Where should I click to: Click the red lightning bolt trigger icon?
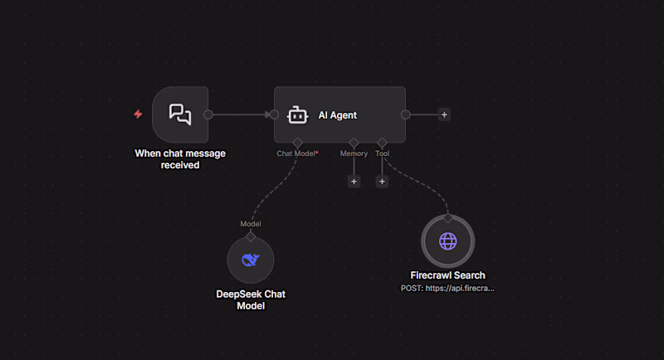point(138,114)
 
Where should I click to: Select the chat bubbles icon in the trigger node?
point(180,114)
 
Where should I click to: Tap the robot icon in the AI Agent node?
point(297,115)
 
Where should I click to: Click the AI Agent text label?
point(338,115)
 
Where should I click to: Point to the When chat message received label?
point(180,159)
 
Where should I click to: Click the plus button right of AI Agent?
point(444,114)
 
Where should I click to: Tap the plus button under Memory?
point(354,182)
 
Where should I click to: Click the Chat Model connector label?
point(297,153)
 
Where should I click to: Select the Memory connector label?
point(354,153)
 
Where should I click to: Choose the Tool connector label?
point(382,153)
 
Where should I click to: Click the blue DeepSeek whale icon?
point(251,260)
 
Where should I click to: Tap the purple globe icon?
point(447,241)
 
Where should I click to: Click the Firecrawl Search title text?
point(447,275)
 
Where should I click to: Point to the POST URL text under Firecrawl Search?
point(447,289)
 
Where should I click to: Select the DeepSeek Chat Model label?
point(251,300)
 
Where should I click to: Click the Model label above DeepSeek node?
point(251,224)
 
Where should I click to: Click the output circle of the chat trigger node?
point(208,114)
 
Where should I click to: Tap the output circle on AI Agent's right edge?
point(405,114)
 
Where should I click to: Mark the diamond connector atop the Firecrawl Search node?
point(447,218)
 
